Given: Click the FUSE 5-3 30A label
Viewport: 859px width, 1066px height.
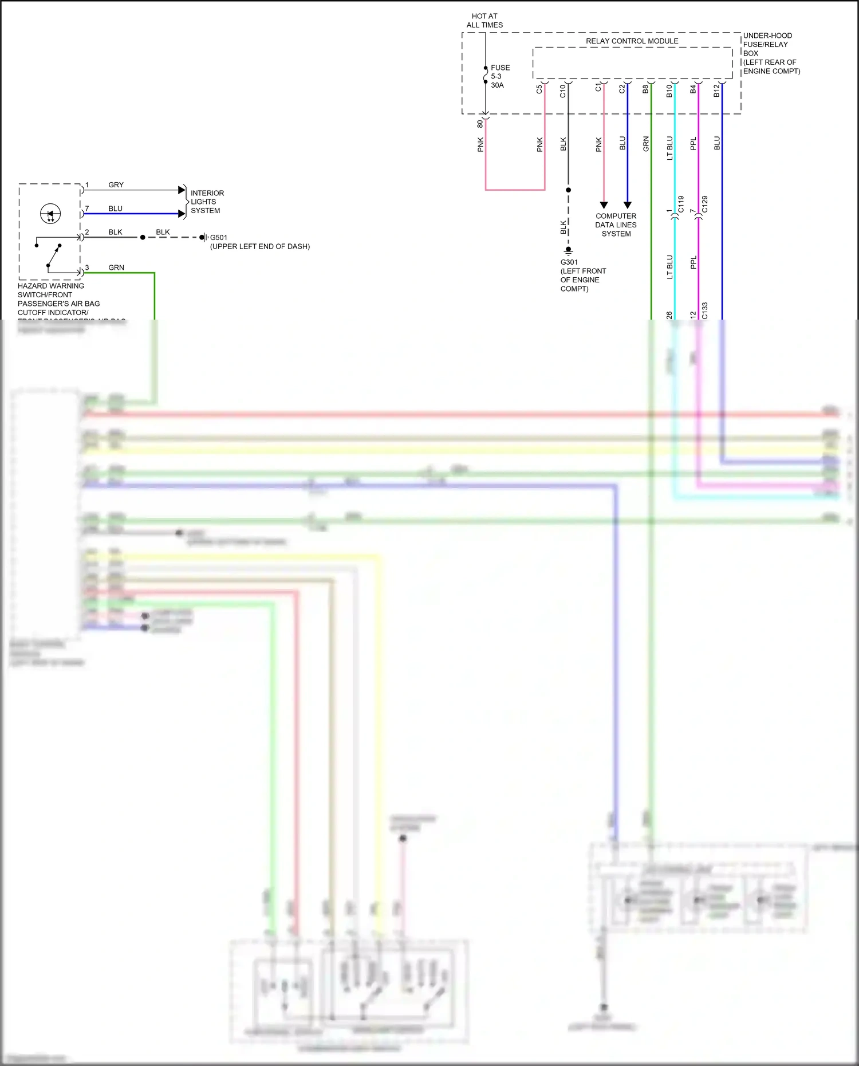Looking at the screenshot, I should pyautogui.click(x=499, y=76).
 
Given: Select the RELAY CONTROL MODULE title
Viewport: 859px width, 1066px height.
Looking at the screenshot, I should pyautogui.click(x=632, y=41).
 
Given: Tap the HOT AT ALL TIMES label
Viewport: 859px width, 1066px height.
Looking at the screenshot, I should pyautogui.click(x=484, y=21).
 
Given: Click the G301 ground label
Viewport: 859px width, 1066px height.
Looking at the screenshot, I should pyautogui.click(x=582, y=276).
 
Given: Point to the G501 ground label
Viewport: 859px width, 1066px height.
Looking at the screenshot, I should pyautogui.click(x=259, y=242).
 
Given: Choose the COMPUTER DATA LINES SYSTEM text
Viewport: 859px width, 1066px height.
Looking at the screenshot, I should pyautogui.click(x=616, y=225).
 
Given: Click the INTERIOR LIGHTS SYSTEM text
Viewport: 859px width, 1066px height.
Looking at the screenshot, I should pyautogui.click(x=207, y=202).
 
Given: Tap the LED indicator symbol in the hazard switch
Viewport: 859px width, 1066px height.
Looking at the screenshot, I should pyautogui.click(x=50, y=214).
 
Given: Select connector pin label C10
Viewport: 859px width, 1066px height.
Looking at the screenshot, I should pyautogui.click(x=563, y=91).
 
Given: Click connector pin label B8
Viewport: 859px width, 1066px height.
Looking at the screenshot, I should pyautogui.click(x=645, y=89).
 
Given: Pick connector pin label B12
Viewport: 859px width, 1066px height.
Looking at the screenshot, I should pyautogui.click(x=716, y=91).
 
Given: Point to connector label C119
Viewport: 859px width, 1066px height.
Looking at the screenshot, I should pyautogui.click(x=681, y=204).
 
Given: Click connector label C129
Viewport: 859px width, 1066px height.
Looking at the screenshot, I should pyautogui.click(x=704, y=204).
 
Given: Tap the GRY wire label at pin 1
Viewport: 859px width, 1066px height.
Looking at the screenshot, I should pyautogui.click(x=116, y=185).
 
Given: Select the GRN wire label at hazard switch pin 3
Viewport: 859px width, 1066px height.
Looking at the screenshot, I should pyautogui.click(x=116, y=268).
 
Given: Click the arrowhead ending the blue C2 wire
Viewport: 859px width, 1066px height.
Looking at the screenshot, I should pyautogui.click(x=628, y=204).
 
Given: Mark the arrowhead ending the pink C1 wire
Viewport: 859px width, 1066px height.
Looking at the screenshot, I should pyautogui.click(x=604, y=204).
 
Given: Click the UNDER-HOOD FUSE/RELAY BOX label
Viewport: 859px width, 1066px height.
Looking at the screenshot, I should pyautogui.click(x=771, y=53).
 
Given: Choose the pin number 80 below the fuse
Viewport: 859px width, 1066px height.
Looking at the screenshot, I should pyautogui.click(x=480, y=123).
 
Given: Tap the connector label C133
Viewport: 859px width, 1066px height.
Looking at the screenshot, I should pyautogui.click(x=704, y=310).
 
